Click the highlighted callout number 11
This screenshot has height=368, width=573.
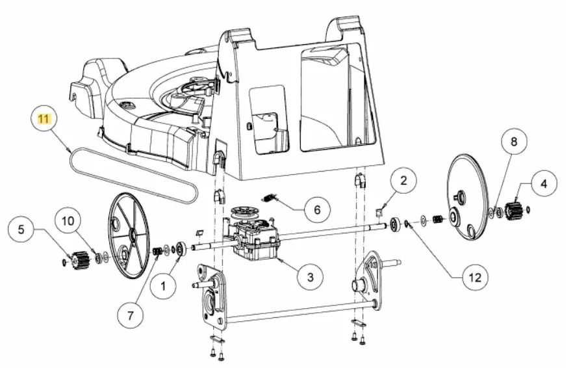point(43,119)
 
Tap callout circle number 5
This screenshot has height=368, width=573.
point(21,230)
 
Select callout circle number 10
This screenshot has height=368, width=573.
point(68,221)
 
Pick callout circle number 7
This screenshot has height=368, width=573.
point(131,315)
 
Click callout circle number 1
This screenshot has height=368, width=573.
point(163,285)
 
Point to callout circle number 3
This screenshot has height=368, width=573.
point(311,277)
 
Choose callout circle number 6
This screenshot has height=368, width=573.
point(317,209)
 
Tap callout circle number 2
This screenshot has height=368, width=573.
point(403,180)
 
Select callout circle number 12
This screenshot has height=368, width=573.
point(475,278)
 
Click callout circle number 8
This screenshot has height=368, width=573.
point(514,142)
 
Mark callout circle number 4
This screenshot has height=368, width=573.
point(544,183)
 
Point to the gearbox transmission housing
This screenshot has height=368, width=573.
point(256,241)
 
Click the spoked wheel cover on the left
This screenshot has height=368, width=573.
point(129,235)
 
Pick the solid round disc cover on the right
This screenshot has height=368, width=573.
point(467,198)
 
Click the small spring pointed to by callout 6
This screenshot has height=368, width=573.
point(270,199)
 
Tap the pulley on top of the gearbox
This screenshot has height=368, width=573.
point(246,213)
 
